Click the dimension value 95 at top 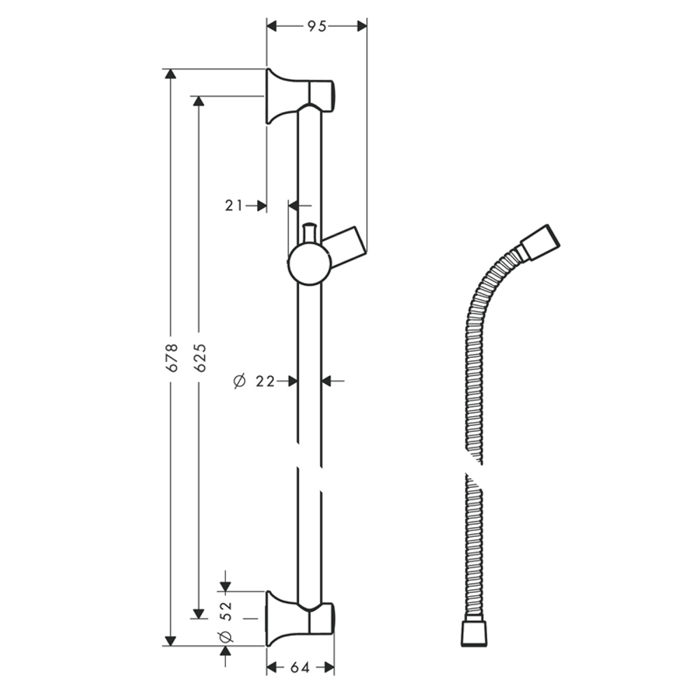317,26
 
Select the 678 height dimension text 173,356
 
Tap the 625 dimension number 200,356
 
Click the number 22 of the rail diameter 264,381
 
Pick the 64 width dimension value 300,668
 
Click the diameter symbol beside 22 239,381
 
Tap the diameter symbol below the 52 225,636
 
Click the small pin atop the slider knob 309,233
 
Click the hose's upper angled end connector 539,240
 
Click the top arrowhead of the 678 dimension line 170,75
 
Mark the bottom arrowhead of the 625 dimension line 199,613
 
